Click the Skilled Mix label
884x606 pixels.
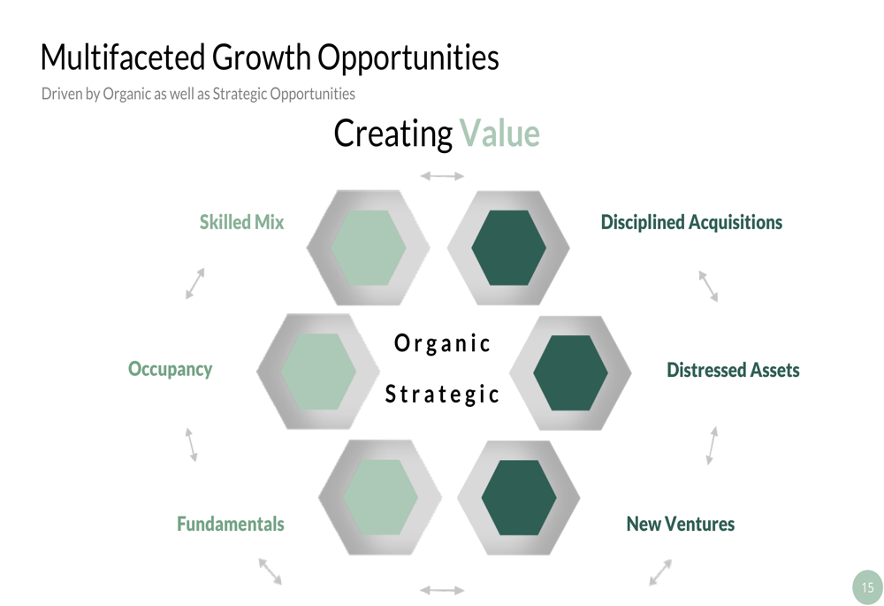click(242, 222)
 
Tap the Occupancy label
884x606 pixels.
click(171, 369)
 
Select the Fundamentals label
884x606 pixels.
click(231, 524)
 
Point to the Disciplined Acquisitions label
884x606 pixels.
click(691, 222)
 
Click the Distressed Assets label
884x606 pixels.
click(733, 370)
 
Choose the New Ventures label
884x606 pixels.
click(681, 524)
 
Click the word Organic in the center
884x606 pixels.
click(442, 343)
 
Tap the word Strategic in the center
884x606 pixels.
click(442, 394)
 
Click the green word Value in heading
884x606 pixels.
click(499, 134)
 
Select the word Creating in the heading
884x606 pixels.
click(393, 134)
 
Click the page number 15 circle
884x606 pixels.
click(868, 587)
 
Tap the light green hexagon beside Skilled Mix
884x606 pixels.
click(368, 248)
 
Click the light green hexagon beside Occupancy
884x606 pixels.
click(318, 372)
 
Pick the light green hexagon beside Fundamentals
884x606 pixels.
click(380, 498)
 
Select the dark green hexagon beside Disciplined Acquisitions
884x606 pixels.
click(508, 248)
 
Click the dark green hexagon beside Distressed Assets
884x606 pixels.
click(570, 373)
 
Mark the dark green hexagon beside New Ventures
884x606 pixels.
click(519, 498)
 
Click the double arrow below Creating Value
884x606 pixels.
click(442, 176)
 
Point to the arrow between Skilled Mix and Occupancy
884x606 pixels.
click(195, 283)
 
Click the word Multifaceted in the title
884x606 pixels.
click(122, 57)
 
